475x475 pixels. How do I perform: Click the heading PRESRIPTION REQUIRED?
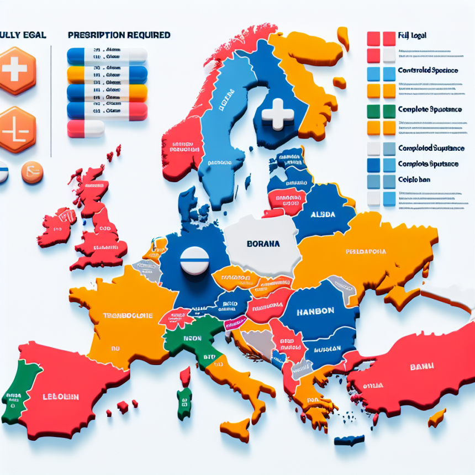pos(119,35)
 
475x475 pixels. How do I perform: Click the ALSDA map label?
pos(323,214)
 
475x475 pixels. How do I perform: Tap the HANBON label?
pos(315,311)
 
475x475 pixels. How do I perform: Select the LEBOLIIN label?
pos(61,396)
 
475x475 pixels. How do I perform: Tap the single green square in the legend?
pos(373,110)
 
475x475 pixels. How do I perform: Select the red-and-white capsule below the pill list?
pos(86,129)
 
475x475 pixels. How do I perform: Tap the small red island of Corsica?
pos(186,376)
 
